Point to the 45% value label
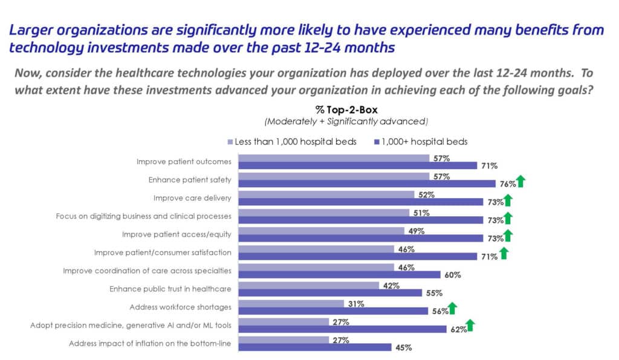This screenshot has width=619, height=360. pyautogui.click(x=403, y=347)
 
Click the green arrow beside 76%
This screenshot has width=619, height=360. pyautogui.click(x=520, y=181)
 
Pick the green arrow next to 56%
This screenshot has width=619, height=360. pyautogui.click(x=452, y=309)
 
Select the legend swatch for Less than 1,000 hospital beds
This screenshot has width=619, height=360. pyautogui.click(x=230, y=143)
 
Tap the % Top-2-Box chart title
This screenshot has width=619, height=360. pyautogui.click(x=337, y=110)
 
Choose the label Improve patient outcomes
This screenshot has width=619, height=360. pyautogui.click(x=185, y=162)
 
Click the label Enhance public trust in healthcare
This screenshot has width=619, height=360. pyautogui.click(x=171, y=289)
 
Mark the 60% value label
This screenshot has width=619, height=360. pyautogui.click(x=452, y=275)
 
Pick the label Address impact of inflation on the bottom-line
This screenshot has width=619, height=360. pyautogui.click(x=151, y=344)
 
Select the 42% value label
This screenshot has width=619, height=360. pyautogui.click(x=389, y=286)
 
